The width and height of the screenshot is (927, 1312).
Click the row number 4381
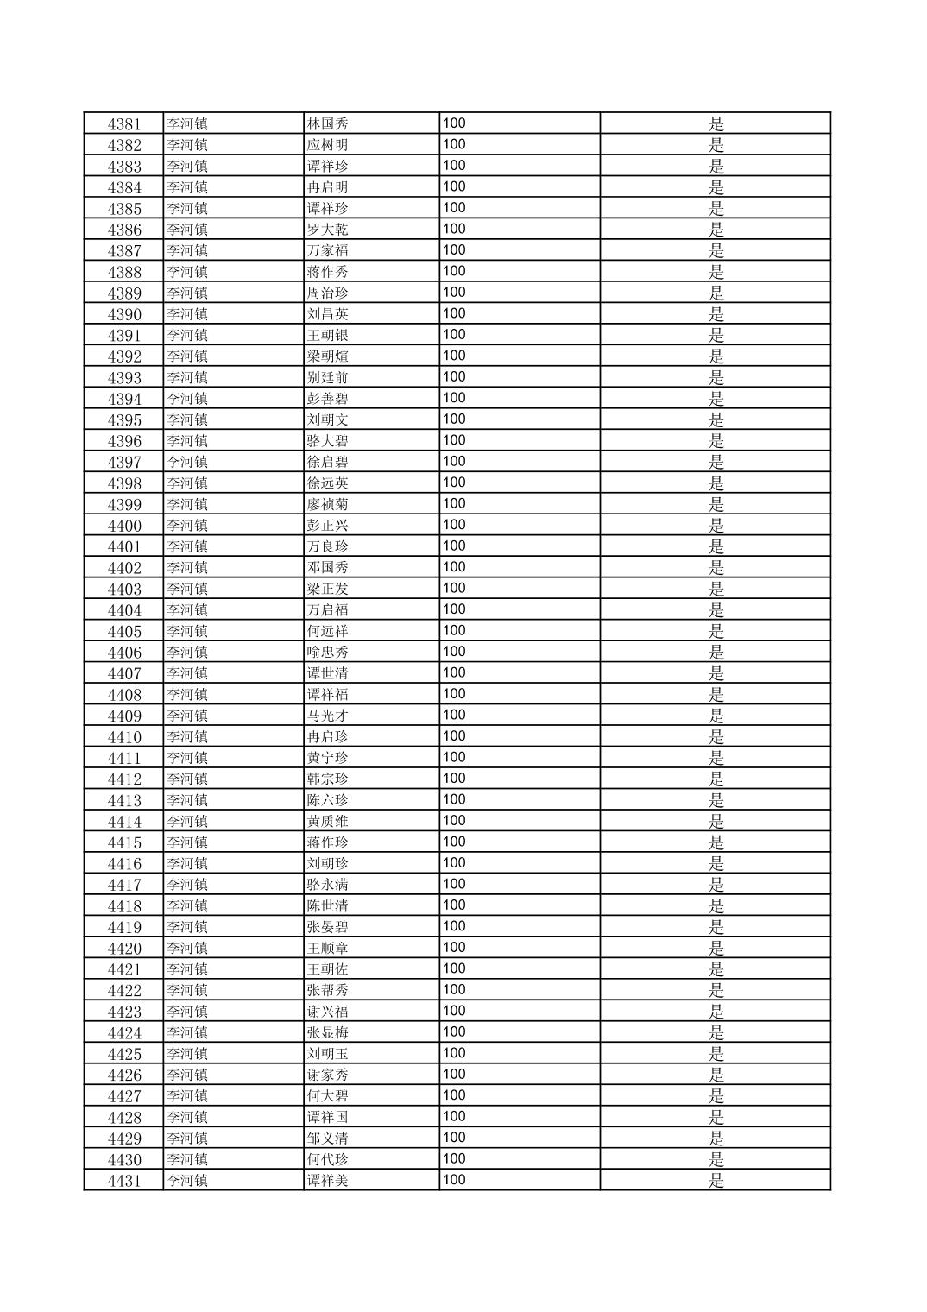(x=124, y=124)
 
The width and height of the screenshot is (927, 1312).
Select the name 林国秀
(x=328, y=124)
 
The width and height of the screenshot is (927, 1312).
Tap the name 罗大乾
(x=328, y=230)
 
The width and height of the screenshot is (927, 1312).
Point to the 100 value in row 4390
(x=454, y=313)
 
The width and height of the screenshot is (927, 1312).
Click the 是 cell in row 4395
(x=716, y=420)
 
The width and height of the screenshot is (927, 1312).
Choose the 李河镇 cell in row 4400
(x=187, y=526)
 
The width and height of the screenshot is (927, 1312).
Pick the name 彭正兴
(x=328, y=526)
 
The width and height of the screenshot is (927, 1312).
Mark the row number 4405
(x=124, y=632)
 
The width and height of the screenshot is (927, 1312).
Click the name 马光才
(x=328, y=716)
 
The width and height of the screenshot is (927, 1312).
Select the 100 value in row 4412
(x=454, y=779)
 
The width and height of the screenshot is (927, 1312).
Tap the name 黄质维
(x=328, y=822)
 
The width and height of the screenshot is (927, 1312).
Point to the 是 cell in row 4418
(x=716, y=906)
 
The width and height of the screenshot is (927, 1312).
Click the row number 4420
(x=124, y=949)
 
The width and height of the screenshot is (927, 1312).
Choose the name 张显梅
(x=328, y=1033)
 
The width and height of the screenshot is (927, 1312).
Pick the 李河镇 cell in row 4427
(x=187, y=1096)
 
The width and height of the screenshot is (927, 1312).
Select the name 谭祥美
(x=328, y=1181)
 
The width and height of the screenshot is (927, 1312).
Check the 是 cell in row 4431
(x=716, y=1181)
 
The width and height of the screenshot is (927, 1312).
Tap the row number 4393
(x=124, y=378)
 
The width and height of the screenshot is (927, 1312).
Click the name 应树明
(x=328, y=145)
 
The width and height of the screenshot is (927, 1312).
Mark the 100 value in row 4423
(x=454, y=1011)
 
